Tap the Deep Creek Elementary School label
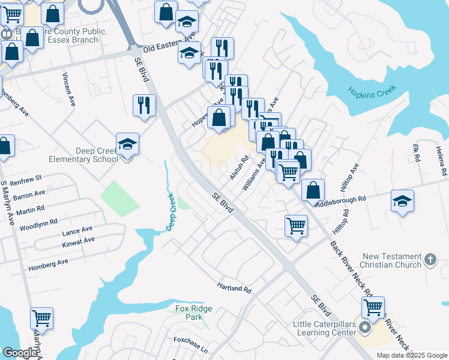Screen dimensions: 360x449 point(83,155)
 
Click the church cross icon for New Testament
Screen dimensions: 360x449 point(429,259)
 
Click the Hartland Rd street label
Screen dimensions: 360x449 point(234,288)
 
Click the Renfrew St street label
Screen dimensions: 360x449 point(22,178)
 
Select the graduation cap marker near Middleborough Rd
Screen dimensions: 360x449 point(402,201)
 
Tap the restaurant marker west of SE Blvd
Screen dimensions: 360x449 point(144,105)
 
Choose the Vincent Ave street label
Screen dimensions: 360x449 point(68,89)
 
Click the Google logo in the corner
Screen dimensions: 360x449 point(19,353)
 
